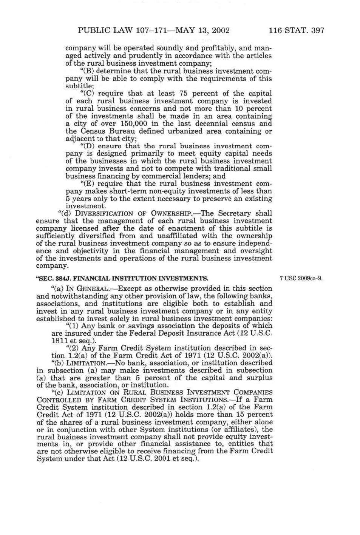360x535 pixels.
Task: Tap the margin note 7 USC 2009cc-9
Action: pos(301,279)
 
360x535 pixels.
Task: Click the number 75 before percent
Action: pos(183,94)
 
